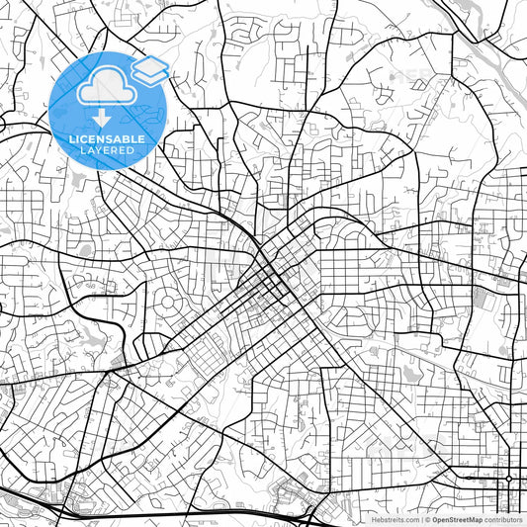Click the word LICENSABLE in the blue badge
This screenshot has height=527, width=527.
pos(107,139)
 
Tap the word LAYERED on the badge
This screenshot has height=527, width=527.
pos(107,150)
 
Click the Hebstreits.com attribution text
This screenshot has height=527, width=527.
pos(395,519)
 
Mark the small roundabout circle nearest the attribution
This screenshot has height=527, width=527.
pos(508,478)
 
